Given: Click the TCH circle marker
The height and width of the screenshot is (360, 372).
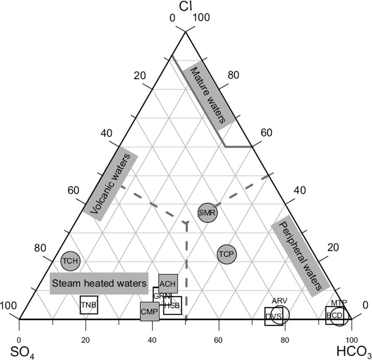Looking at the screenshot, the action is [x=70, y=261].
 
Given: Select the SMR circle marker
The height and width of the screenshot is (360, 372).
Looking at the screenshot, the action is [x=207, y=213].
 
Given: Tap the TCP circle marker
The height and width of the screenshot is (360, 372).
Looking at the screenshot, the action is [x=226, y=254].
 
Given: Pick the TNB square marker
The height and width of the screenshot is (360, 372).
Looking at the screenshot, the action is [x=89, y=305].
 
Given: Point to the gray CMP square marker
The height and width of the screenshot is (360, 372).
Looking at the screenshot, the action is [x=149, y=312].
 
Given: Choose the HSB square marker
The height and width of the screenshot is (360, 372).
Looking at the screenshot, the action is [x=172, y=305].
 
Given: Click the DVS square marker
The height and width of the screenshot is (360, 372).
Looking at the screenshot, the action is [x=274, y=316].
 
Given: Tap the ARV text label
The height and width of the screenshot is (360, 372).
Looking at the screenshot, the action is [x=279, y=301].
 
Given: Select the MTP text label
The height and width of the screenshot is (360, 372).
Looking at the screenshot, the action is [x=339, y=303].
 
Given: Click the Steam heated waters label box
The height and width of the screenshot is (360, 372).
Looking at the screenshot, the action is [x=99, y=283].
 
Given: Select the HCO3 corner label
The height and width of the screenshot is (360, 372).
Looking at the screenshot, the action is [x=354, y=351].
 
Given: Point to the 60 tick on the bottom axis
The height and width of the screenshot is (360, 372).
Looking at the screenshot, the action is [x=219, y=340].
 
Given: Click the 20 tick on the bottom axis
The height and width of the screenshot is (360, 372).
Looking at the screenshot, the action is [x=86, y=340].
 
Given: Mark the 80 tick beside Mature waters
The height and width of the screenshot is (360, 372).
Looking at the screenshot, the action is [x=233, y=75].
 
